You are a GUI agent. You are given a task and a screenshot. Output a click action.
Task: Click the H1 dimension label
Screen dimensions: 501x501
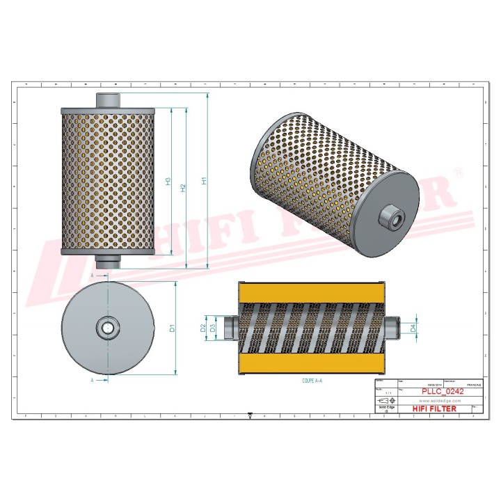point(204,182)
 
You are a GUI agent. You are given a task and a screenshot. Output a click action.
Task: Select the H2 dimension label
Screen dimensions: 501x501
point(183,188)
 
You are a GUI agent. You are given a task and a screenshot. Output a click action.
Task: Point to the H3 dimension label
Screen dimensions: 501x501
point(168,182)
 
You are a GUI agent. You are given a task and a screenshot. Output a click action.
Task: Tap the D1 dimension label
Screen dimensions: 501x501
point(172,328)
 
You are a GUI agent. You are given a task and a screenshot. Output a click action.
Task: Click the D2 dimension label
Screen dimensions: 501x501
point(204,327)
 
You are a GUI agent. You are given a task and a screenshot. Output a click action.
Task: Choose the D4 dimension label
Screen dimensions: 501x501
point(413,326)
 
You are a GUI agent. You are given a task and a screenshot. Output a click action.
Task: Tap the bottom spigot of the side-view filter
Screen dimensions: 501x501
point(107,262)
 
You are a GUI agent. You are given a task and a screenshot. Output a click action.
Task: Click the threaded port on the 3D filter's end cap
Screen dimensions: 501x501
point(388,218)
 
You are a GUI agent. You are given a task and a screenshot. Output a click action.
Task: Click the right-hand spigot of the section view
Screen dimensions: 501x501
point(392,326)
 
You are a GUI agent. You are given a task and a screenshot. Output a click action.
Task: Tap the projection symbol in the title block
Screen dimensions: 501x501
point(383,402)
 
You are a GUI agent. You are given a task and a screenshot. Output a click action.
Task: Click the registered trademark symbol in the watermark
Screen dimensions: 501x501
point(457,171)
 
